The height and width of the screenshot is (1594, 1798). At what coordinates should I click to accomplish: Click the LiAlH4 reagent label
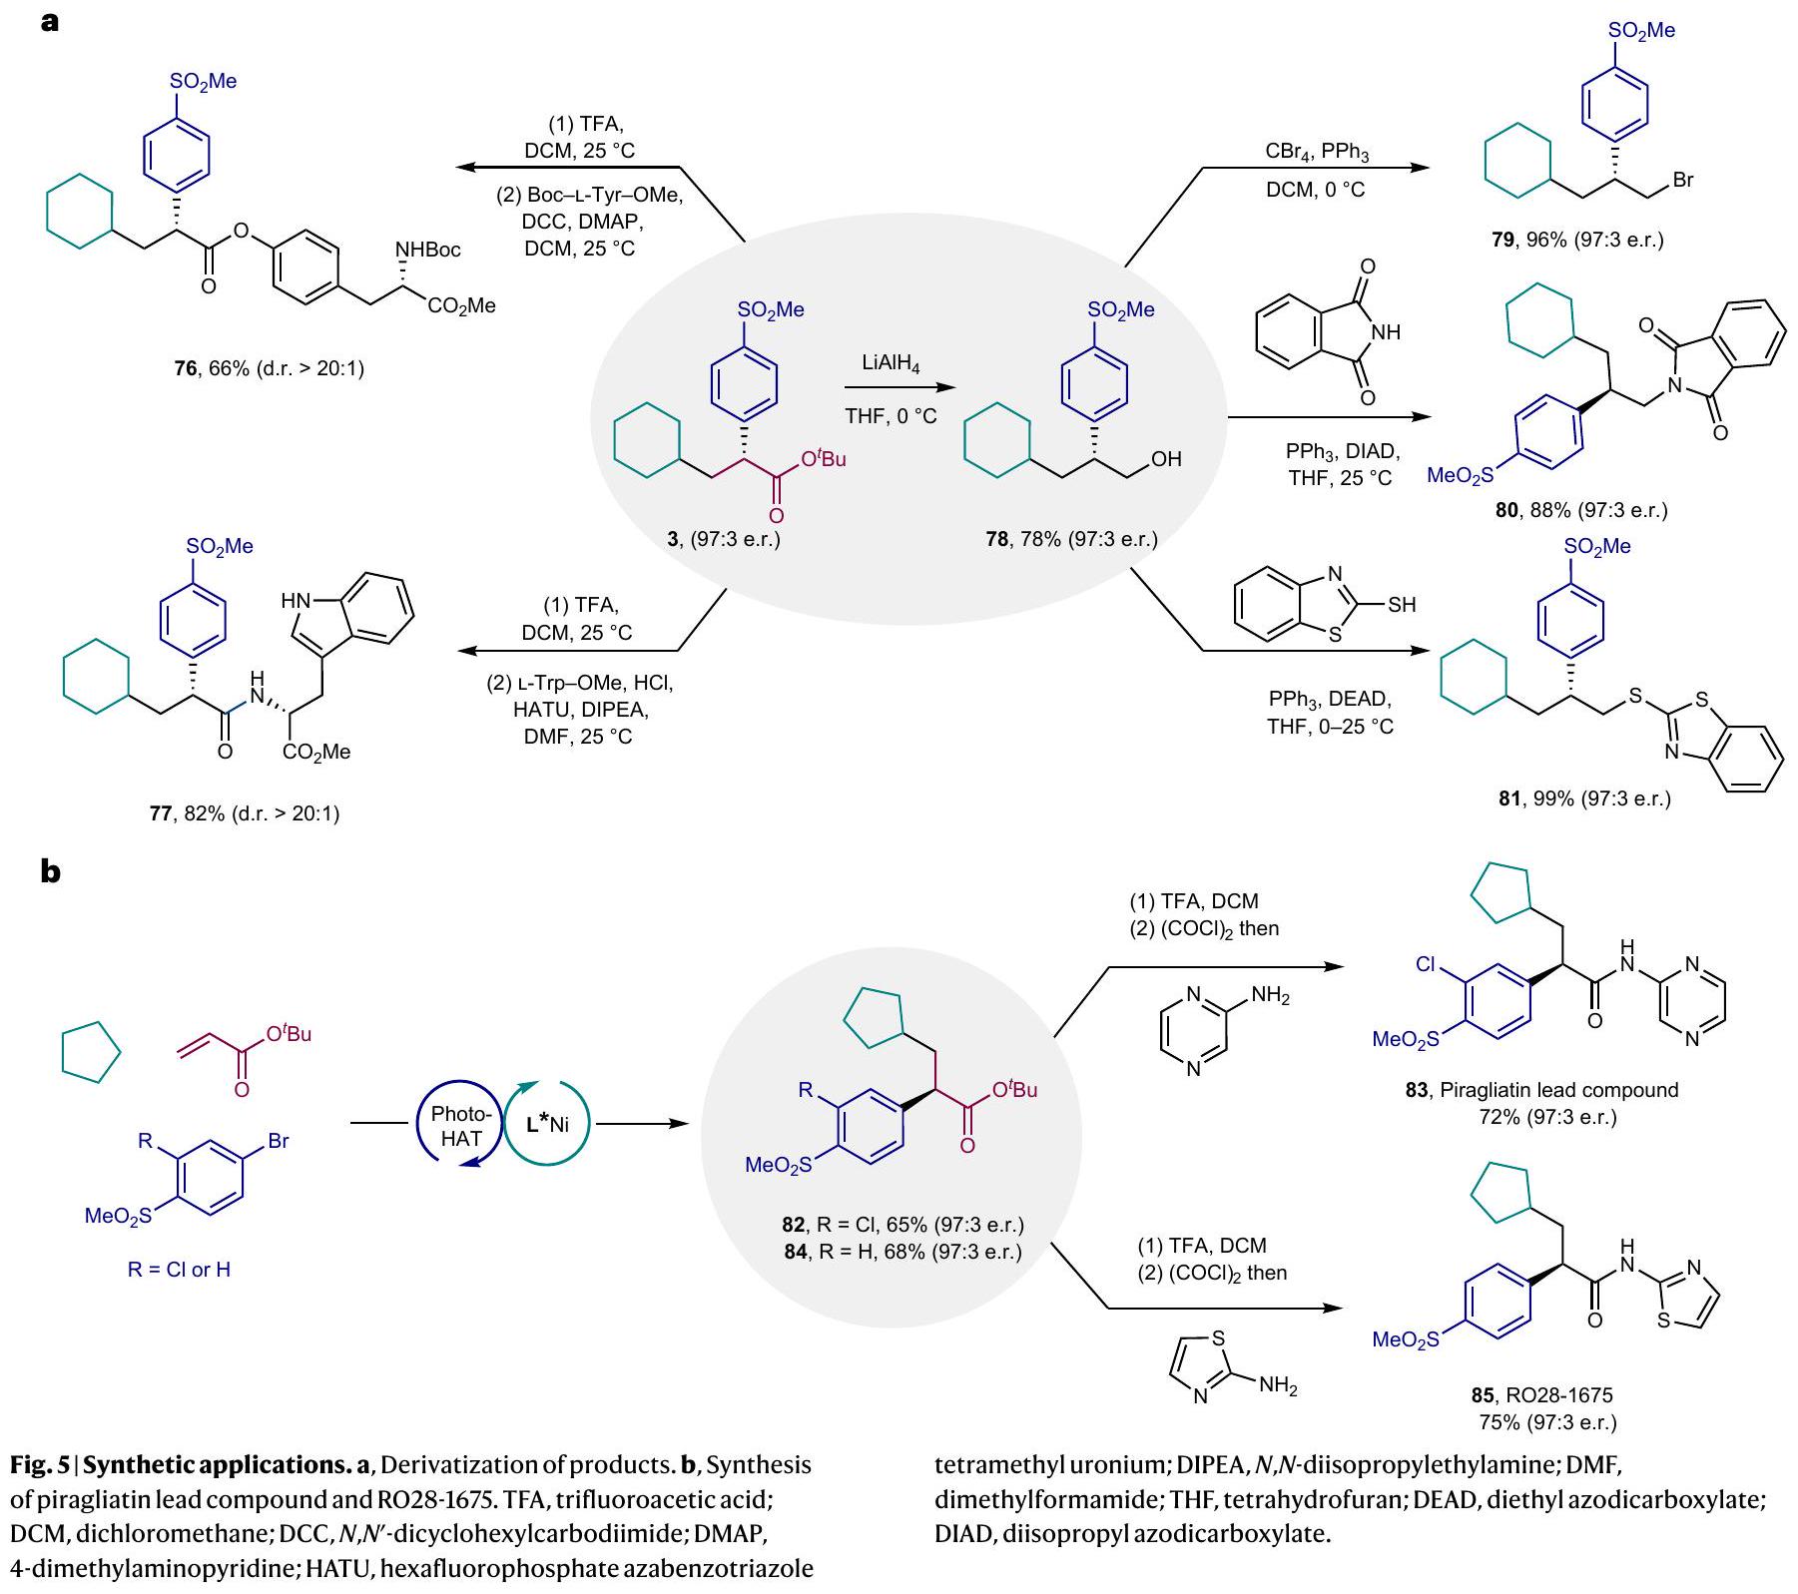click(x=891, y=364)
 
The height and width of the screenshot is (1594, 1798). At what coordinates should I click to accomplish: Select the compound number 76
click(x=186, y=369)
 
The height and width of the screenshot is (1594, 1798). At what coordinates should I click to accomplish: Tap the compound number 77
click(x=160, y=813)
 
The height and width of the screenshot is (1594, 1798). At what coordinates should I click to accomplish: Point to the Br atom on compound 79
click(x=1682, y=181)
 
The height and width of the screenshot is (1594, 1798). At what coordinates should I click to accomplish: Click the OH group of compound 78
click(x=1165, y=459)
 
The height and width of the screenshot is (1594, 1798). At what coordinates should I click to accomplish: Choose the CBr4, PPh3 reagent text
click(x=1317, y=153)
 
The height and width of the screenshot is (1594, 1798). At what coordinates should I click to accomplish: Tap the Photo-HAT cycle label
click(x=460, y=1126)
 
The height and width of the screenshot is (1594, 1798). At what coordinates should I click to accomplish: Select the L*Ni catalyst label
click(x=547, y=1124)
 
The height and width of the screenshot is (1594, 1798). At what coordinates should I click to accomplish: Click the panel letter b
click(x=50, y=871)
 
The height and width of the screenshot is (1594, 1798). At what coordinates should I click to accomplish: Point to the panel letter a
click(x=50, y=21)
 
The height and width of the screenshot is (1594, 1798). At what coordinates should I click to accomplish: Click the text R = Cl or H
click(x=180, y=1270)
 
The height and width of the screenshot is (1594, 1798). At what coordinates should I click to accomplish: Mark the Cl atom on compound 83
click(x=1425, y=965)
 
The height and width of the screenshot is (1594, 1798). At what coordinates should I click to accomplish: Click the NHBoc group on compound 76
click(x=428, y=250)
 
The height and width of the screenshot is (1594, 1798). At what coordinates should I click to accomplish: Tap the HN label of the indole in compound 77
click(x=296, y=601)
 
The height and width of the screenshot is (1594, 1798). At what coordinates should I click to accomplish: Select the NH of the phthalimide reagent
click(x=1387, y=332)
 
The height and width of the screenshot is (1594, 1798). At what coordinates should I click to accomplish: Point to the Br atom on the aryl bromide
click(x=278, y=1141)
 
